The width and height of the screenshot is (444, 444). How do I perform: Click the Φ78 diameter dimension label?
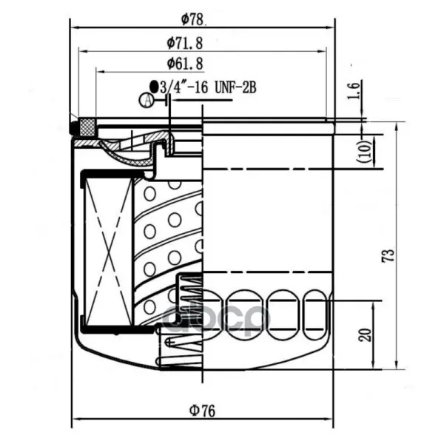coord(192,19)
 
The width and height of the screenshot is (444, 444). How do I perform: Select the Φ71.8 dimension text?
coord(185,44)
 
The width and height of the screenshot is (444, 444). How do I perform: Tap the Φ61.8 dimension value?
coord(185,64)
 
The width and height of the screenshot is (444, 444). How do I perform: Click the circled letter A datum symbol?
coord(147,100)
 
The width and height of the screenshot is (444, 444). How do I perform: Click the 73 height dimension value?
coord(388,255)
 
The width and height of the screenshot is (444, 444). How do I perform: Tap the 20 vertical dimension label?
coord(366,335)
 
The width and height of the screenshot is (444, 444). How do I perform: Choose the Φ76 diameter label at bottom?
coord(203,411)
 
